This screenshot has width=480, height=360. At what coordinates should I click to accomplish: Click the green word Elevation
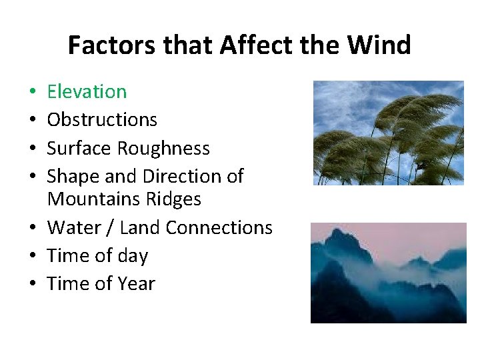(87, 91)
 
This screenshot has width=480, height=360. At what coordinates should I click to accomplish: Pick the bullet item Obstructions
(102, 120)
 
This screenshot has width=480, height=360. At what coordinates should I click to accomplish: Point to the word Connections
(219, 227)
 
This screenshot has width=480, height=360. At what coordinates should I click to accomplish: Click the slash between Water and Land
(109, 227)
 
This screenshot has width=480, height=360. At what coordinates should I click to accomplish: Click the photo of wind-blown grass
(388, 133)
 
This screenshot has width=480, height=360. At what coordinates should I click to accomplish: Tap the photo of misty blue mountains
(388, 273)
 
